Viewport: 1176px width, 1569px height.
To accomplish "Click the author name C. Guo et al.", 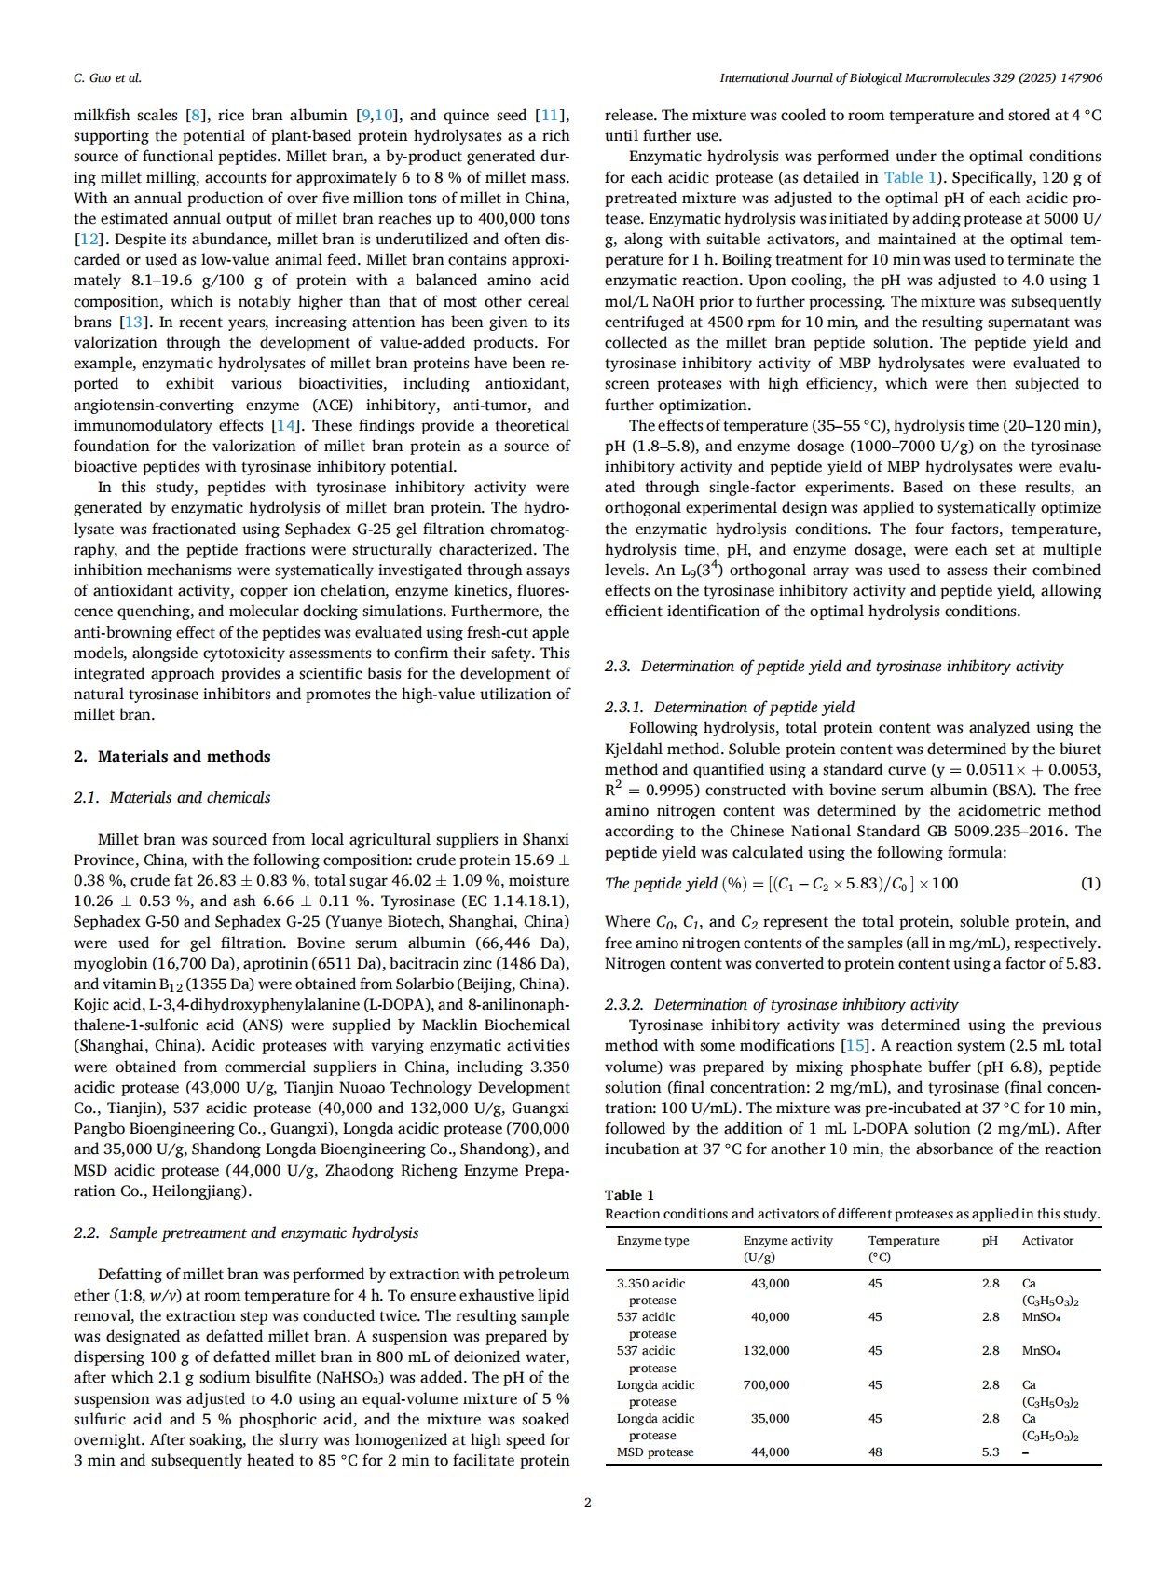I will coord(107,78).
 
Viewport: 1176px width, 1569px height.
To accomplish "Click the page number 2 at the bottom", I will coord(588,1501).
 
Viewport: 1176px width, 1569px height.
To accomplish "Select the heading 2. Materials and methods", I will coord(171,756).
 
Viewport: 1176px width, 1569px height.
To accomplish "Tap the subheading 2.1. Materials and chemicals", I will coord(171,797).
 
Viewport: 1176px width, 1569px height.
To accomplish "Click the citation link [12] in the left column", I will coord(88,240).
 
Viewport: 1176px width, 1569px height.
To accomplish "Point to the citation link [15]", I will coord(854,1046).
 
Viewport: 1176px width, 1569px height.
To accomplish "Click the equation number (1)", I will coord(1089,883).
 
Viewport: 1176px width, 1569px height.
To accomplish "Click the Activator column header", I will coord(1047,1240).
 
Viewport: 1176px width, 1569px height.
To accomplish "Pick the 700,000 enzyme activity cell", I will coord(766,1384).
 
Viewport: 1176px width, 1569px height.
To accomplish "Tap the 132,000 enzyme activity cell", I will coord(766,1350).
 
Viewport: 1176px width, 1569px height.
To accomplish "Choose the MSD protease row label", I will coord(655,1452).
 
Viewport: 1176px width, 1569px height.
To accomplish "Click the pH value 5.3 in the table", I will coord(991,1452).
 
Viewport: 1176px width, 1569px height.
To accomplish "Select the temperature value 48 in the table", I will coord(875,1452).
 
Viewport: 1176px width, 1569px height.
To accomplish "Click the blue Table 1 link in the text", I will coord(903,177).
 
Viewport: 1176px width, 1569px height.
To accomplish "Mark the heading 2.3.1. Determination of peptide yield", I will coord(729,707).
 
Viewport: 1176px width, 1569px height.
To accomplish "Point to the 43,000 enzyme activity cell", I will coord(770,1283).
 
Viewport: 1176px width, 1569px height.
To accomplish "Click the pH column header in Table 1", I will coord(990,1240).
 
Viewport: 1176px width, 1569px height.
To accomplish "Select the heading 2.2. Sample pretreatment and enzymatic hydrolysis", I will coord(245,1232).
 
